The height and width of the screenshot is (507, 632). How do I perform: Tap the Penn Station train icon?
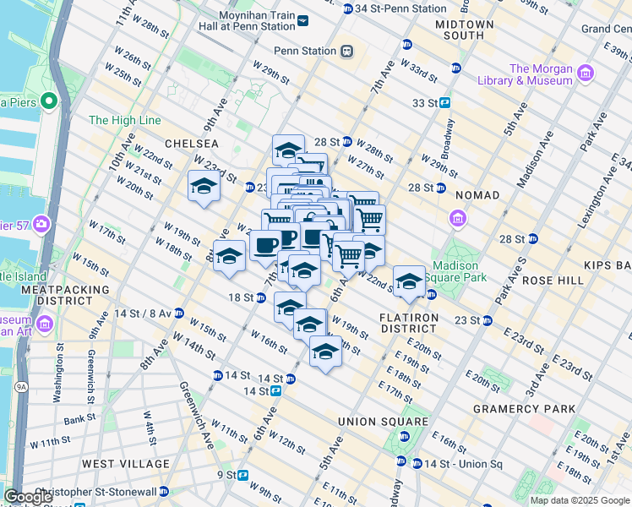pos(346,51)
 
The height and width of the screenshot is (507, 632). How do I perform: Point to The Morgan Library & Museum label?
pos(552,74)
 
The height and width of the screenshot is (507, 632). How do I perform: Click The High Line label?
pos(124,121)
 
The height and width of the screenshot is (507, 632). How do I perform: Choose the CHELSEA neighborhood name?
pos(192,144)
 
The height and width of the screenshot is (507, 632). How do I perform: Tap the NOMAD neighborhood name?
pos(477,195)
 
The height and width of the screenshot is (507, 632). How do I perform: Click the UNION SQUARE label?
pos(383,422)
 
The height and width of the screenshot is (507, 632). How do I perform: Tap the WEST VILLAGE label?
pos(125,464)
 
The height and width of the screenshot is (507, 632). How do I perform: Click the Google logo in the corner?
pos(29,497)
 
